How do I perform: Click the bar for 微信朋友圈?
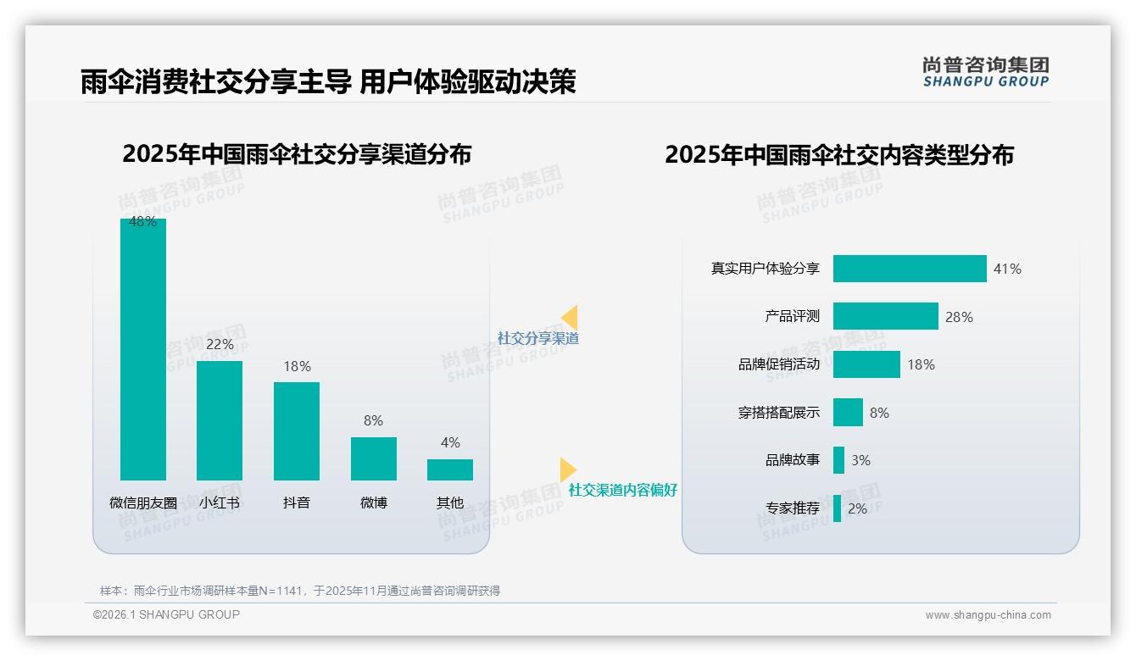(143, 349)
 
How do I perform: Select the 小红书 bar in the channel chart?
(220, 420)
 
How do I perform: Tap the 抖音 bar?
(297, 430)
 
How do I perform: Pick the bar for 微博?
(374, 458)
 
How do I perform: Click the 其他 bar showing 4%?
(450, 469)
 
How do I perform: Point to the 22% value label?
(220, 345)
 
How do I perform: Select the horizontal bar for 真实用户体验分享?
(910, 269)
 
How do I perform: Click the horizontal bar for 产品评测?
(885, 316)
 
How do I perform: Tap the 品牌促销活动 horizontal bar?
(866, 364)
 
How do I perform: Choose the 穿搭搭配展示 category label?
(779, 413)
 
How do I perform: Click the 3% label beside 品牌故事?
(860, 460)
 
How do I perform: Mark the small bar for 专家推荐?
(838, 508)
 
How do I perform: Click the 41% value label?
(1007, 269)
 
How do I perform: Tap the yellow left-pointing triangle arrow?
(570, 318)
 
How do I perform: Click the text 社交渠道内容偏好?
(622, 490)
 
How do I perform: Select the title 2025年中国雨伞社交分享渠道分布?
(297, 154)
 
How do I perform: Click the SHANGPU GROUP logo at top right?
(985, 72)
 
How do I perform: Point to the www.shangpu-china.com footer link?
(988, 615)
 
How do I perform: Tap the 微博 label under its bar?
(374, 503)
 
